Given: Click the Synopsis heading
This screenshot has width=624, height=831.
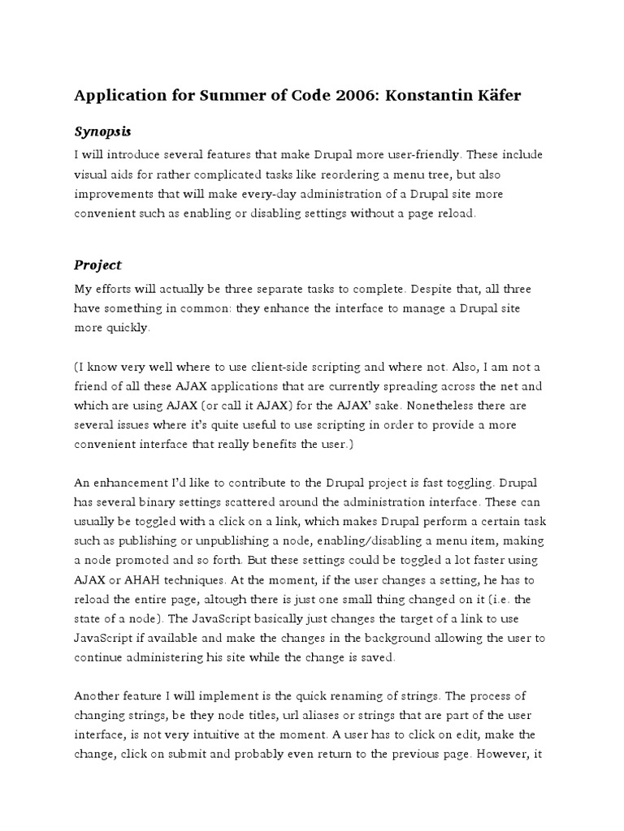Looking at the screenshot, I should point(103,131).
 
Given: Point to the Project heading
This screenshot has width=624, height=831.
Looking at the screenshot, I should point(98,265).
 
